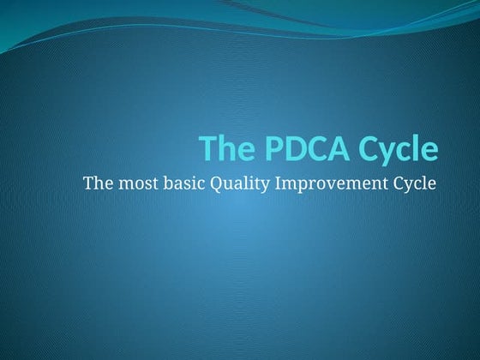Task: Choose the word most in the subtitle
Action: pos(135,183)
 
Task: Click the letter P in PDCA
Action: pos(261,149)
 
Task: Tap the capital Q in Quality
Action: pos(211,183)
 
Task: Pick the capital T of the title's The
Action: pos(207,149)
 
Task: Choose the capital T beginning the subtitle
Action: pos(87,183)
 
